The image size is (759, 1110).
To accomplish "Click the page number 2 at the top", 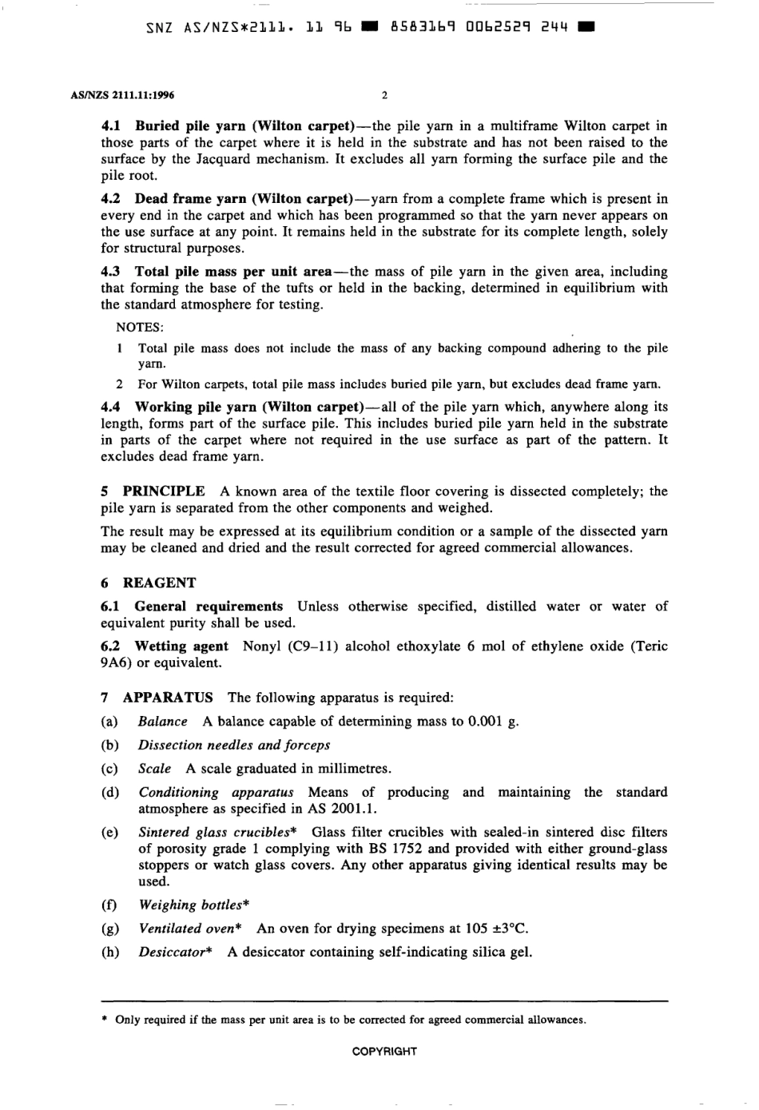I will [383, 96].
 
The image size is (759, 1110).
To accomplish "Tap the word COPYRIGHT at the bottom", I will [384, 1052].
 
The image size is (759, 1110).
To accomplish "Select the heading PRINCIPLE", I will [163, 491].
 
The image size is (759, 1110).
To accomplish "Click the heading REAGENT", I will [159, 583].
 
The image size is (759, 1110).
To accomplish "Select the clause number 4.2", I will [112, 199].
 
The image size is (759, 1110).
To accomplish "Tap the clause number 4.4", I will [112, 407].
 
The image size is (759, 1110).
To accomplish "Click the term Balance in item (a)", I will [162, 722].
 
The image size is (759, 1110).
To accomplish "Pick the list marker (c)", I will [109, 769].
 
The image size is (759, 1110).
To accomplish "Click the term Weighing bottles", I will [189, 905].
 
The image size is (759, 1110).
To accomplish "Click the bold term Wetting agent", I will [181, 647].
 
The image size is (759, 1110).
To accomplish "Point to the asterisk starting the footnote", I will [104, 1020].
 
